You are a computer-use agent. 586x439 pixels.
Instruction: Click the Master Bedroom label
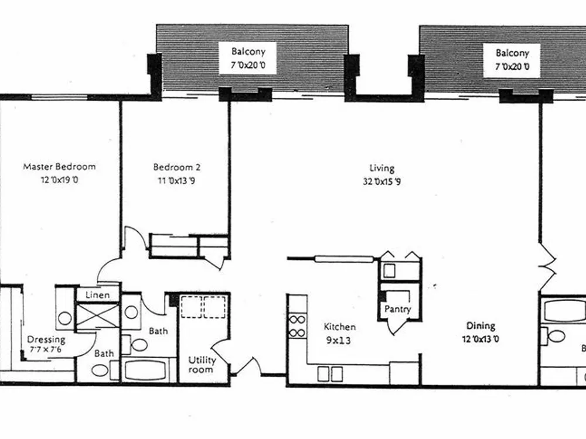(59, 166)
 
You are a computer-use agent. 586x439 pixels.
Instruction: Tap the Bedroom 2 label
(177, 167)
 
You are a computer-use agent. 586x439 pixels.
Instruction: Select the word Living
(382, 169)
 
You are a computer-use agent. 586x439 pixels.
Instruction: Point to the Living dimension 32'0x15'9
(382, 182)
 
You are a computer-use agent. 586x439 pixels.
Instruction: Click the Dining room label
(481, 326)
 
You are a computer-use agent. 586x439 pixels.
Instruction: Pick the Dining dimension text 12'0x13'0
(481, 339)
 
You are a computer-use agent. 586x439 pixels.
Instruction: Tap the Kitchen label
(339, 327)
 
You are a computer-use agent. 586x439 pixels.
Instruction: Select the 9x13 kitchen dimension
(339, 340)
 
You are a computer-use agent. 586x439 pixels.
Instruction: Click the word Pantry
(398, 309)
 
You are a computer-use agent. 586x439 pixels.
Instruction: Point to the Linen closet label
(97, 295)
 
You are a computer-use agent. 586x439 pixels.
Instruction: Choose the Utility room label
(202, 365)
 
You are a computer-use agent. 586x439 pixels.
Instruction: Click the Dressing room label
(46, 339)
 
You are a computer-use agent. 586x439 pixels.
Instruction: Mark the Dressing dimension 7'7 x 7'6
(46, 350)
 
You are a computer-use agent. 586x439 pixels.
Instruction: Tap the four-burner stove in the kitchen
(298, 326)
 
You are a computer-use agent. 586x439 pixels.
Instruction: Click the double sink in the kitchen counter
(330, 374)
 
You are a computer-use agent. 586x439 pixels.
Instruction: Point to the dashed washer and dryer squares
(203, 307)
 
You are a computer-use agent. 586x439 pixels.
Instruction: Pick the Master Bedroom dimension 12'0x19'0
(59, 180)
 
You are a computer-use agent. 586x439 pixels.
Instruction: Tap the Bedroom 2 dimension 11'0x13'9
(177, 181)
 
